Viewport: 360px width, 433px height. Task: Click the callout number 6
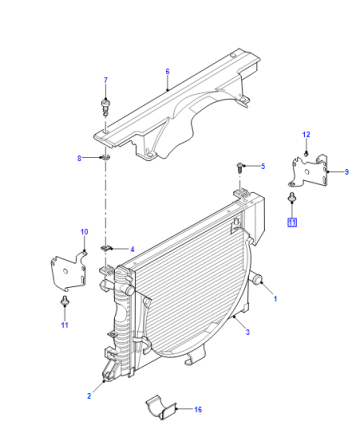coord(167,71)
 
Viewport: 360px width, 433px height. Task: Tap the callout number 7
coord(106,80)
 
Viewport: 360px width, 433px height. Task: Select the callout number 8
coord(79,158)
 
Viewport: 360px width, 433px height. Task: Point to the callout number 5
coord(263,166)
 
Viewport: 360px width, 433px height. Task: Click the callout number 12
coord(306,134)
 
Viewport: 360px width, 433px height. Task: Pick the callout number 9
coord(346,172)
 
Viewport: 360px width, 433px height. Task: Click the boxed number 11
coord(292,222)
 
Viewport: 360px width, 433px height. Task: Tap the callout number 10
coord(84,232)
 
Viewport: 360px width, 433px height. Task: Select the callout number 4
coord(132,249)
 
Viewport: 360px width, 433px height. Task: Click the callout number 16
coord(198,409)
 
